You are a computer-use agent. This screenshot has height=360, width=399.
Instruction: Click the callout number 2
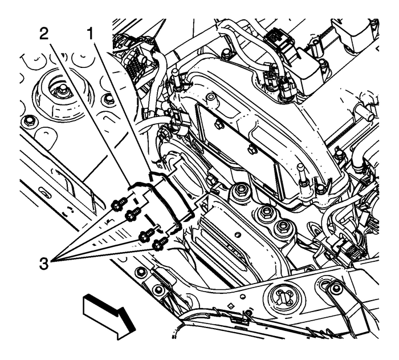[43, 33]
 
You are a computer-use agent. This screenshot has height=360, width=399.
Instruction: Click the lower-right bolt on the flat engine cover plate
[251, 150]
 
